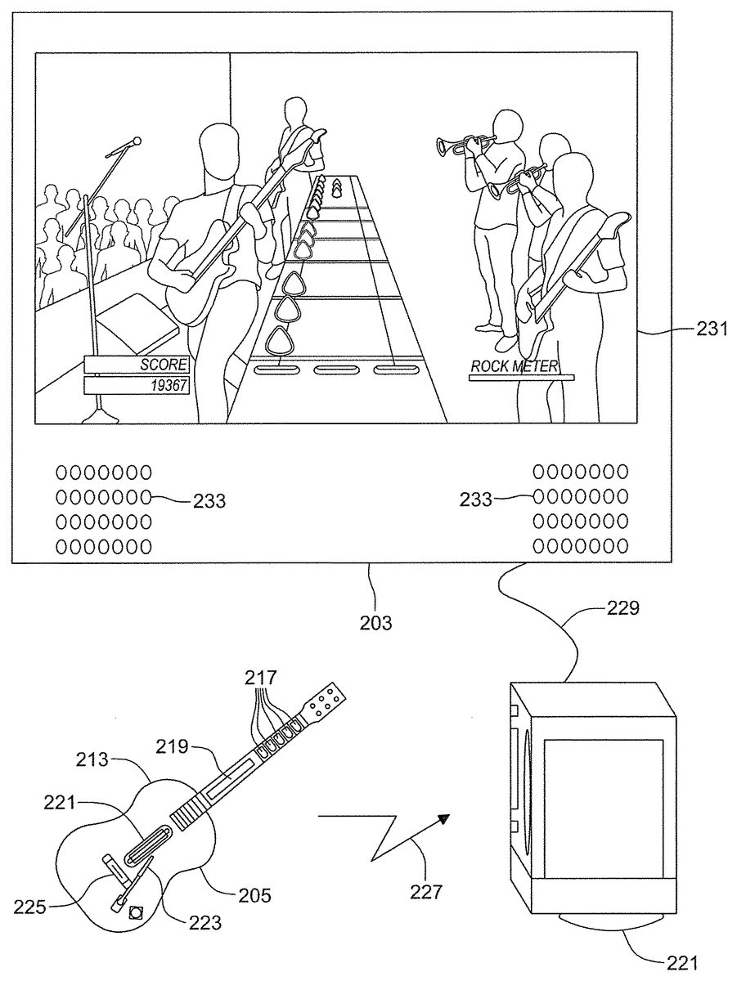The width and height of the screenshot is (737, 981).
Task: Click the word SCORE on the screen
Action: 164,365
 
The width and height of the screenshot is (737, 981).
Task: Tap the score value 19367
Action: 166,385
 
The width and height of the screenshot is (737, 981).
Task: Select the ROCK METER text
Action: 514,366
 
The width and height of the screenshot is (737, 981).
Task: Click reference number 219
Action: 172,746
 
